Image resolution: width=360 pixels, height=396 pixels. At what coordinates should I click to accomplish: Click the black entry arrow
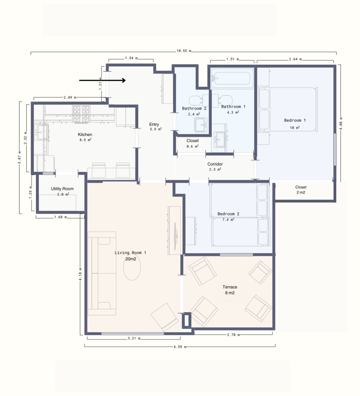pyautogui.click(x=103, y=80)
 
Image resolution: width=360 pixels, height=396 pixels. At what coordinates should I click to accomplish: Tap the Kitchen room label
pyautogui.click(x=85, y=135)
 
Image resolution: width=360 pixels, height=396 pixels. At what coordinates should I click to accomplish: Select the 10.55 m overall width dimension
pyautogui.click(x=184, y=51)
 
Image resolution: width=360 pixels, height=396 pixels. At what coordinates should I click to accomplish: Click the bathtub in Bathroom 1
pyautogui.click(x=232, y=78)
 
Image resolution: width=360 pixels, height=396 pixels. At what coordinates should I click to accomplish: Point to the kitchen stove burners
pyautogui.click(x=81, y=114)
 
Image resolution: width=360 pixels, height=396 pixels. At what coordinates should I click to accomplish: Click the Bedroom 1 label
pyautogui.click(x=295, y=120)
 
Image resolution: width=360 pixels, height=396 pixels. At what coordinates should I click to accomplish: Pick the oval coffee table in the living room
pyautogui.click(x=132, y=267)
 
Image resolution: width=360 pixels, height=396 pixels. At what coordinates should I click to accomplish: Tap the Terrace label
pyautogui.click(x=230, y=287)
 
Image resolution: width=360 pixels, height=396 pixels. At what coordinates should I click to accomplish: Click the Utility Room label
pyautogui.click(x=62, y=189)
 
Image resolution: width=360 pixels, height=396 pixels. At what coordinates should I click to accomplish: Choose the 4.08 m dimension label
pyautogui.click(x=341, y=124)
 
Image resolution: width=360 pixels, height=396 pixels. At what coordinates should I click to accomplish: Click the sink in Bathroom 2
pyautogui.click(x=201, y=125)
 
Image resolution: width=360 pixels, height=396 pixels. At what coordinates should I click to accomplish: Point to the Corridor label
pyautogui.click(x=215, y=164)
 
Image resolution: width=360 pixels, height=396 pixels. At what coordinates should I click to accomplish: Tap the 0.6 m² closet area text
pyautogui.click(x=193, y=146)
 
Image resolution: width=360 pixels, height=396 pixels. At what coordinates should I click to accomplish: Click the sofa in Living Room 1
pyautogui.click(x=102, y=274)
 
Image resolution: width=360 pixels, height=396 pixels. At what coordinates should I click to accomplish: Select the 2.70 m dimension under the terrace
pyautogui.click(x=233, y=335)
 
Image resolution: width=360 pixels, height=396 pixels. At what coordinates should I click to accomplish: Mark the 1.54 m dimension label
pyautogui.click(x=131, y=58)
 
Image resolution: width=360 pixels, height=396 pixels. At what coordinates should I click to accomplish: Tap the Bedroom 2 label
pyautogui.click(x=228, y=214)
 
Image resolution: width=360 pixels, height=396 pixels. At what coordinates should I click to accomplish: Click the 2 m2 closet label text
pyautogui.click(x=301, y=192)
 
